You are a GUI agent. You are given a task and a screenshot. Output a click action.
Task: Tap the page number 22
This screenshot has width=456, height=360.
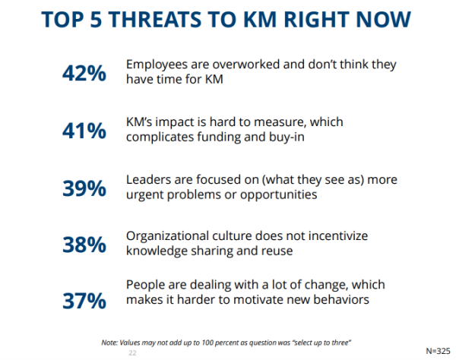coord(131,352)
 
